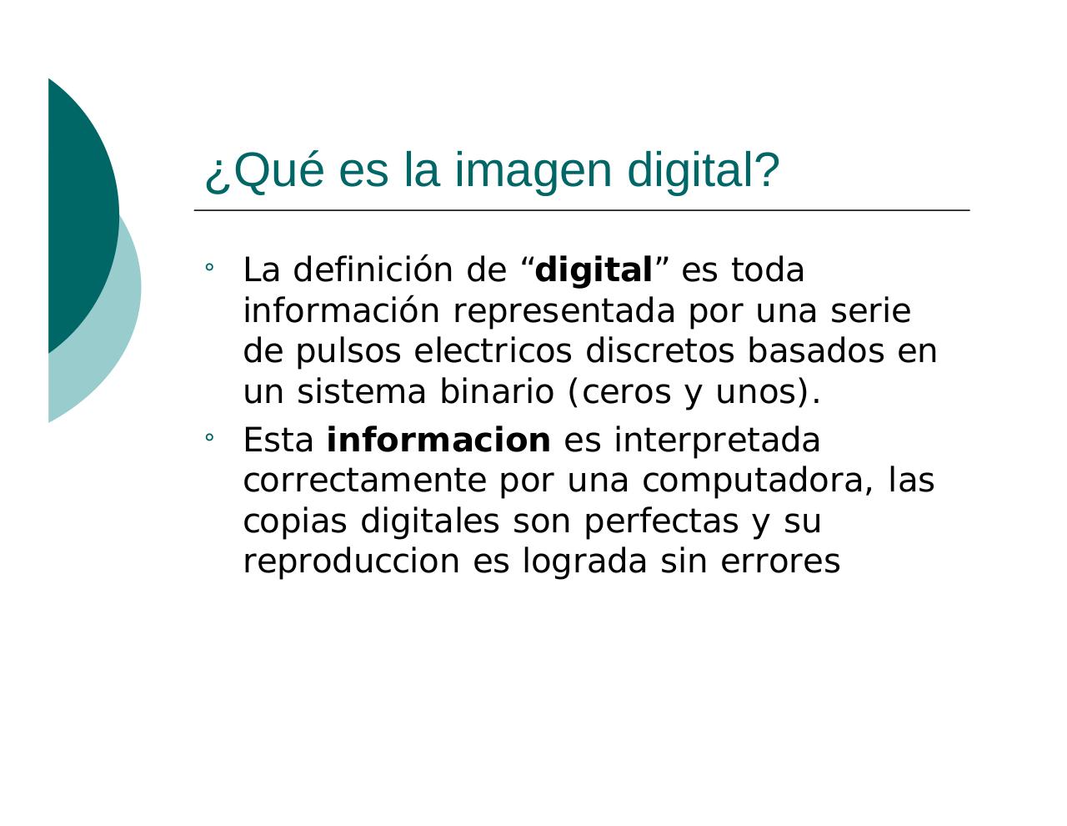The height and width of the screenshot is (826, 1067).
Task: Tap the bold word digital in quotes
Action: coord(594,271)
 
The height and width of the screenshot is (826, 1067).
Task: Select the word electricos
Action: coord(493,351)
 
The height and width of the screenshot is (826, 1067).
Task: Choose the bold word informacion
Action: coord(438,441)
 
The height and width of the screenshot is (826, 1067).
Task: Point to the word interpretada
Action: coord(717,441)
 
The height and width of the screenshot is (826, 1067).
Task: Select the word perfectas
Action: coord(660,521)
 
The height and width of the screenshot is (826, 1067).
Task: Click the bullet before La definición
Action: coord(209,268)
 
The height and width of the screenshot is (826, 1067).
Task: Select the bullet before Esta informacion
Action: coord(209,437)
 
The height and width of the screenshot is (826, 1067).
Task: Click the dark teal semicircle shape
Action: coord(79,209)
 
